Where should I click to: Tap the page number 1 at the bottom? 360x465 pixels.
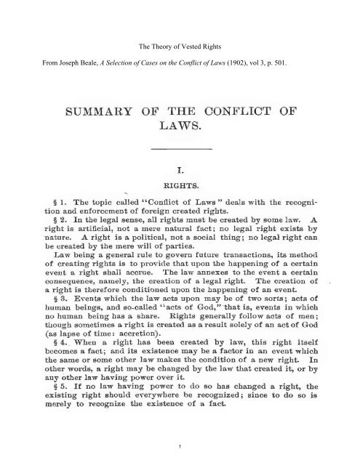180,445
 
